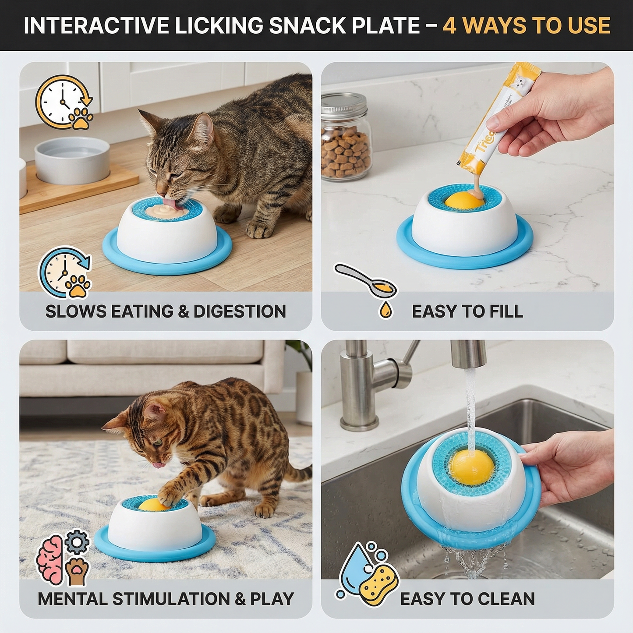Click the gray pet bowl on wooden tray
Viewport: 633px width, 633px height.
tap(72, 160)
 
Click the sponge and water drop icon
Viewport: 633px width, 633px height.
tap(368, 574)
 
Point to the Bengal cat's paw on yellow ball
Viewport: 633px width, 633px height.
tap(169, 498)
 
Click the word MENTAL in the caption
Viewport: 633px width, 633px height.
tap(73, 599)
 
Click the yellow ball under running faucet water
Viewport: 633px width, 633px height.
tap(472, 467)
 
